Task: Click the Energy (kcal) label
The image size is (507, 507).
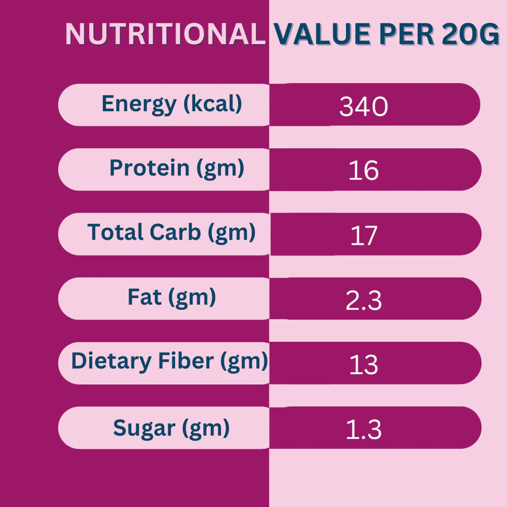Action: (x=172, y=104)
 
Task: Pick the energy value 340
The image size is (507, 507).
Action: (x=364, y=107)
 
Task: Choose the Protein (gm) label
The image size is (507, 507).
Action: (x=176, y=168)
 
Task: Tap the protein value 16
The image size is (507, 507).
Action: (x=364, y=171)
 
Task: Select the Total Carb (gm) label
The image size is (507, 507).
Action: (x=171, y=233)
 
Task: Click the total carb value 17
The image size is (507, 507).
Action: (x=364, y=236)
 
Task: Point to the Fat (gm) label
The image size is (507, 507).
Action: (x=171, y=298)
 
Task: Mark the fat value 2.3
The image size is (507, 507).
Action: (x=364, y=301)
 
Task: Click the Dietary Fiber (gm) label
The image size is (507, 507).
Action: (x=169, y=362)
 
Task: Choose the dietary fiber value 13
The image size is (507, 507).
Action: (x=364, y=365)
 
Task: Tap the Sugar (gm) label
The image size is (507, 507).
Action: (x=171, y=428)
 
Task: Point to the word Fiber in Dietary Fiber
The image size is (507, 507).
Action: (x=190, y=362)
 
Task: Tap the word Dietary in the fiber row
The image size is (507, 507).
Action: (x=111, y=362)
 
